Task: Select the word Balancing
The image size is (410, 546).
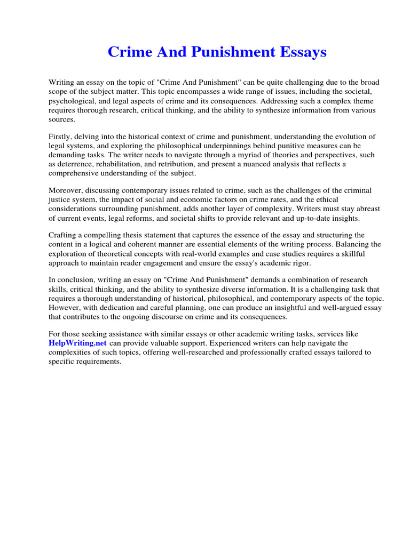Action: [x=350, y=244]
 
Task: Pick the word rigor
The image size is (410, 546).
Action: [x=301, y=262]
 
